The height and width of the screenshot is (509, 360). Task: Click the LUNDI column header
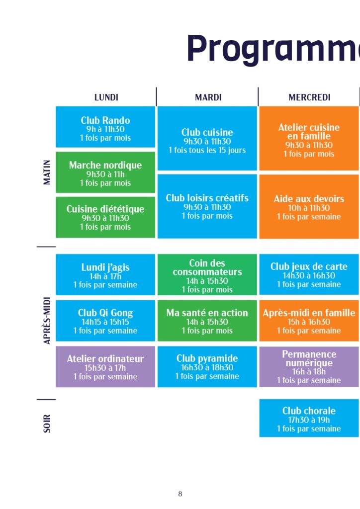point(106,97)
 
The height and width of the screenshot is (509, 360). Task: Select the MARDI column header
point(208,97)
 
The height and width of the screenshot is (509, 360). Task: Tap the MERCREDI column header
point(309,97)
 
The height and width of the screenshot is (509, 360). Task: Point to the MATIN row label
point(47,172)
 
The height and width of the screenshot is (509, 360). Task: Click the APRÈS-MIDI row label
point(47,321)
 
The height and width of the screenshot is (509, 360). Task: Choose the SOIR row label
point(47,424)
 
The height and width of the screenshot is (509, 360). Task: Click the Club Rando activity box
point(105,127)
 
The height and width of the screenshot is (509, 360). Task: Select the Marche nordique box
point(105,172)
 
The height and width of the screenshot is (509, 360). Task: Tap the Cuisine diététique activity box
point(105,217)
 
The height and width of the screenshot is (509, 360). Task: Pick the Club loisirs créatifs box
point(207,206)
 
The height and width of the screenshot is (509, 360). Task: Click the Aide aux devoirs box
point(309,206)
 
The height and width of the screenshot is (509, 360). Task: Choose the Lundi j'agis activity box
point(105,274)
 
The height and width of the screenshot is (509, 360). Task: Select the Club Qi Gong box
point(105,321)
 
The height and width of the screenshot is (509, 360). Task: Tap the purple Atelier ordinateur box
point(105,367)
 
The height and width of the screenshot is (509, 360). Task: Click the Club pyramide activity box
point(207,367)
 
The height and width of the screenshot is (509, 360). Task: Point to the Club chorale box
point(309,418)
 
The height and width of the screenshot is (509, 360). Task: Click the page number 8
point(180,494)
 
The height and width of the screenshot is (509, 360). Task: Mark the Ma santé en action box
point(207,321)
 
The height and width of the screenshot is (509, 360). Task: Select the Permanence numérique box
point(309,367)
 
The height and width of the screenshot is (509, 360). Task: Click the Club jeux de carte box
point(309,274)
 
